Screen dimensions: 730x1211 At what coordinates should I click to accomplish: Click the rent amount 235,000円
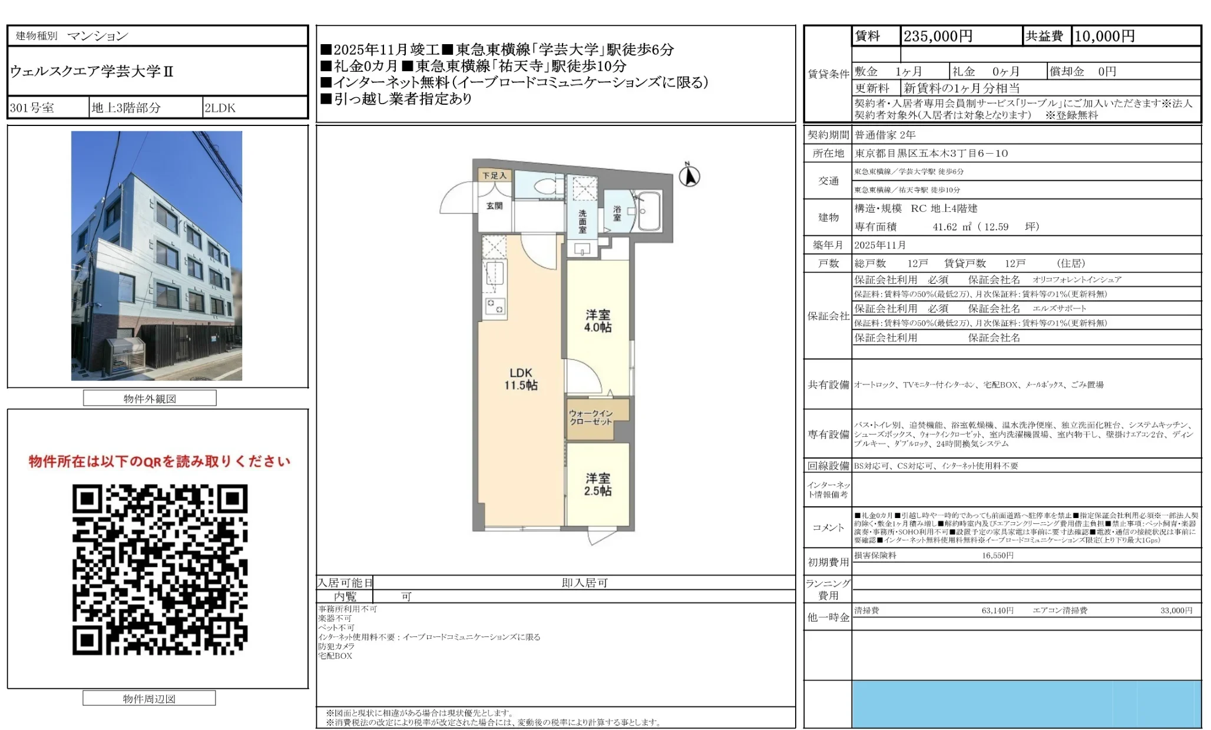(x=938, y=36)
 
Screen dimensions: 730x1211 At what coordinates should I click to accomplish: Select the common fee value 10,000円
(x=1104, y=36)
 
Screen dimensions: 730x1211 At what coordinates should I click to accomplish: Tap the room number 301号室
(x=32, y=108)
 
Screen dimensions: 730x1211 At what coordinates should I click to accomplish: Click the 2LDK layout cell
(x=220, y=108)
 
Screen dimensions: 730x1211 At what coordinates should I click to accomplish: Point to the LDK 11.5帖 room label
(x=520, y=379)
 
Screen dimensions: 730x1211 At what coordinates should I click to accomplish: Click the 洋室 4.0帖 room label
(x=597, y=321)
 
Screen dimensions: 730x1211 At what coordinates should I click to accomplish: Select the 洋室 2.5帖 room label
(x=597, y=485)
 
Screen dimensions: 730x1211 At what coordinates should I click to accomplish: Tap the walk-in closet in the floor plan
(x=591, y=417)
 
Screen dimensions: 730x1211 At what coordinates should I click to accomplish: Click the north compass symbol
(x=689, y=175)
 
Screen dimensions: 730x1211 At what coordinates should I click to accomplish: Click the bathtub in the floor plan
(x=650, y=211)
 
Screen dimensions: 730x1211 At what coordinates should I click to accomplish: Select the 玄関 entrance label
(x=494, y=206)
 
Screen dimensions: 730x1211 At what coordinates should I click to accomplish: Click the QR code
(x=160, y=569)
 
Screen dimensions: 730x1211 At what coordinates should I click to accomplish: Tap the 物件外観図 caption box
(x=150, y=399)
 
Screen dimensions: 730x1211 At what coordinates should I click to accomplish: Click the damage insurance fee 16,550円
(x=997, y=556)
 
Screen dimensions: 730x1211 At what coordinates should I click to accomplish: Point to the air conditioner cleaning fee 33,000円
(x=1176, y=610)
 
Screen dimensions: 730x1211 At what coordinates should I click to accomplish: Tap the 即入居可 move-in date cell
(x=584, y=583)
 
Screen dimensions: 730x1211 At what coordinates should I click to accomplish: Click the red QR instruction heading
(x=160, y=462)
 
